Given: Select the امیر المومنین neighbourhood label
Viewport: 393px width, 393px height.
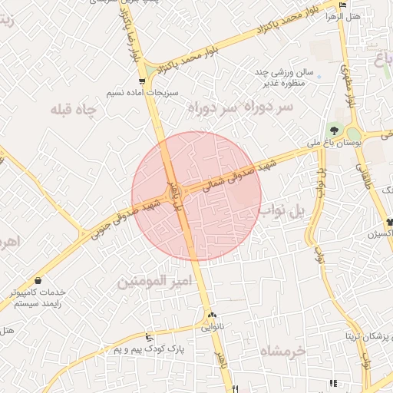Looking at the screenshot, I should (x=152, y=282).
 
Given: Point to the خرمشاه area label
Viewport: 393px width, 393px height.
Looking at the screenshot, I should (x=282, y=350).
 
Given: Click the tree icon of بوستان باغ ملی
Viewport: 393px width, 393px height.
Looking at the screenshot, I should (x=334, y=128).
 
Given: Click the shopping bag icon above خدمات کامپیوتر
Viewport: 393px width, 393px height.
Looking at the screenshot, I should (x=38, y=281).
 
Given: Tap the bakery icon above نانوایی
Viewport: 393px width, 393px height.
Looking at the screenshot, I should (x=212, y=314).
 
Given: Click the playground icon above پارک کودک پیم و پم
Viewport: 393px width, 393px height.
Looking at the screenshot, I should (x=149, y=337).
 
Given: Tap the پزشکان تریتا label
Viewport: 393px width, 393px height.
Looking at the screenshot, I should (x=368, y=336).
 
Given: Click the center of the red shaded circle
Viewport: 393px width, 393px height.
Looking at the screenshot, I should (x=196, y=196).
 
